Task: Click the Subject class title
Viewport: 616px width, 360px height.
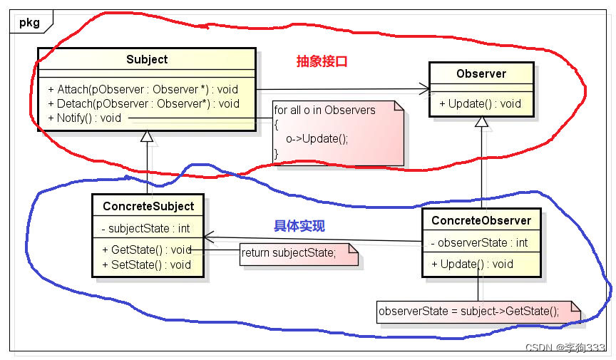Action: point(146,60)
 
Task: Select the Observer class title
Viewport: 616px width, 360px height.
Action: point(481,73)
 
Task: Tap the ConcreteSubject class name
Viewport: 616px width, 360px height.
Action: point(148,206)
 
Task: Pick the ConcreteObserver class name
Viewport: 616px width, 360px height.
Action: point(481,220)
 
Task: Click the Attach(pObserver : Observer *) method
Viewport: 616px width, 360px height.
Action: point(143,90)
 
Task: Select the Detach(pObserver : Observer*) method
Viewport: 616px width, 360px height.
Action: point(143,103)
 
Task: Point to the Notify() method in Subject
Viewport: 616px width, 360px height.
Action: point(85,118)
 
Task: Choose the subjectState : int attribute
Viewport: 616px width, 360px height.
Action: point(145,229)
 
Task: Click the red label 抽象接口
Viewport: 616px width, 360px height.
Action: point(322,61)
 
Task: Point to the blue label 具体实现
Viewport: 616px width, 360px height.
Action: point(299,226)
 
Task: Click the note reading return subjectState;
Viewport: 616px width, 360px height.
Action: point(289,253)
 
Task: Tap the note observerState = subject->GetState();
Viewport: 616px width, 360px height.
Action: point(469,311)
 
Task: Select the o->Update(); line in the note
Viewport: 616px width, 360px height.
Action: point(317,138)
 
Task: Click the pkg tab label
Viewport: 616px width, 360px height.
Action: point(29,22)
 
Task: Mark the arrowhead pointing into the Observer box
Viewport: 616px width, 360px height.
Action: point(425,89)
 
